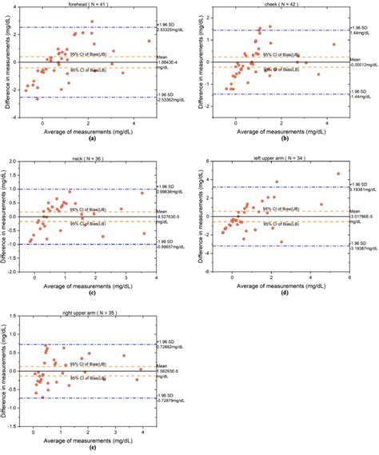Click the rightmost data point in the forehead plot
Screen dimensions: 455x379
tap(149, 41)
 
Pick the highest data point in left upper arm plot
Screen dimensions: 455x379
tap(337, 174)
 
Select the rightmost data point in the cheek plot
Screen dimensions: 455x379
tap(333, 44)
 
